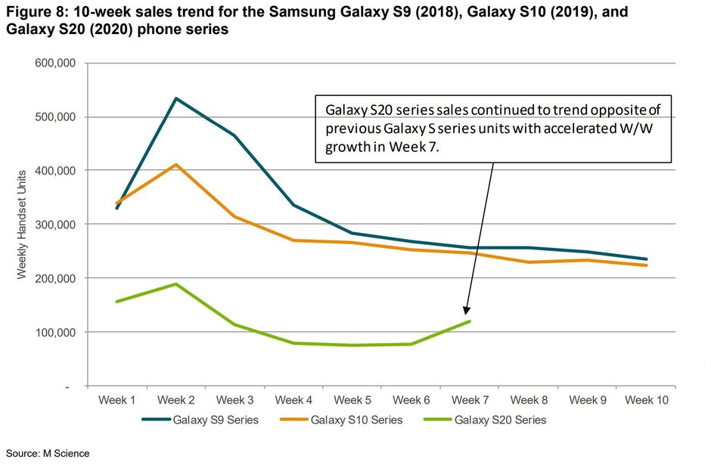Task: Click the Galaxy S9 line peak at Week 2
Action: coord(176,98)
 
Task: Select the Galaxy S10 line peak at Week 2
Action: coord(176,164)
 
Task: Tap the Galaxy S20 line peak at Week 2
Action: coord(176,284)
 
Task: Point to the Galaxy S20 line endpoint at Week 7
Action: coord(470,321)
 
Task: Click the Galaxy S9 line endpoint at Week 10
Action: coord(646,259)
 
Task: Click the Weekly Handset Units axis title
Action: coord(22,225)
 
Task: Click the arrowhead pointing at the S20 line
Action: coord(467,309)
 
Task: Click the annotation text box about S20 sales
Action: coord(492,128)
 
